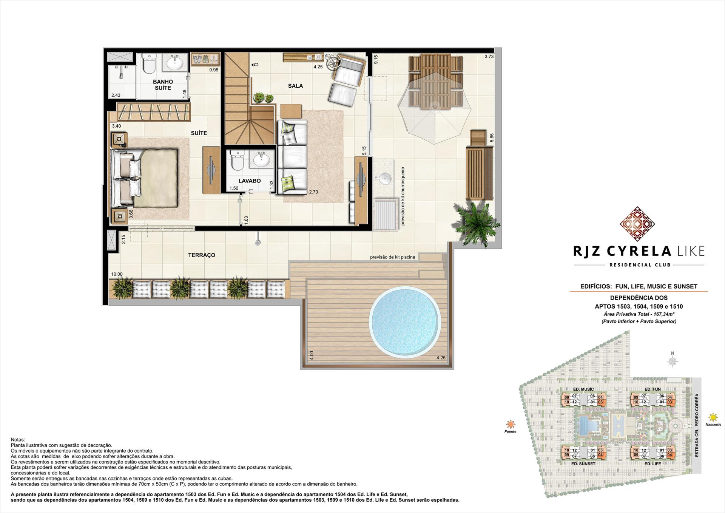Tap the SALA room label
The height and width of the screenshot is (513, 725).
[295, 86]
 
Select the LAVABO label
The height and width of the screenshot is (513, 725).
[249, 181]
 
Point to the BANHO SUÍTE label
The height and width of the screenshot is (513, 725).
[163, 85]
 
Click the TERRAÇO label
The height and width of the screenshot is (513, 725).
[202, 255]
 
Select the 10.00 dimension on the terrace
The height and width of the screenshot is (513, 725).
[117, 275]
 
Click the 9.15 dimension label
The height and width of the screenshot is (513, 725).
[376, 59]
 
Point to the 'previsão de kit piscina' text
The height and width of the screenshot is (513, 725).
[392, 257]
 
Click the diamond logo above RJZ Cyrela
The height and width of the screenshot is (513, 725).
[637, 224]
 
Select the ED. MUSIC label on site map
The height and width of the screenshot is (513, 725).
[583, 389]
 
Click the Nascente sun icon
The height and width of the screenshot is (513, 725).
[713, 417]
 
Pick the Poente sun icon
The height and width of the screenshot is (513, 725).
[511, 424]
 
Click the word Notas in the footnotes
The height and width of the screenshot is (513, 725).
[18, 440]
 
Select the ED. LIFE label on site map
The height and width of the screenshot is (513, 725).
[652, 464]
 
